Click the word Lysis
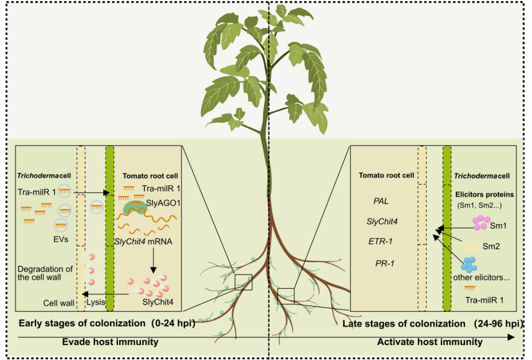click(x=96, y=302)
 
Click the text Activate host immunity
click(x=430, y=342)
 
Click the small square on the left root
click(x=244, y=282)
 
